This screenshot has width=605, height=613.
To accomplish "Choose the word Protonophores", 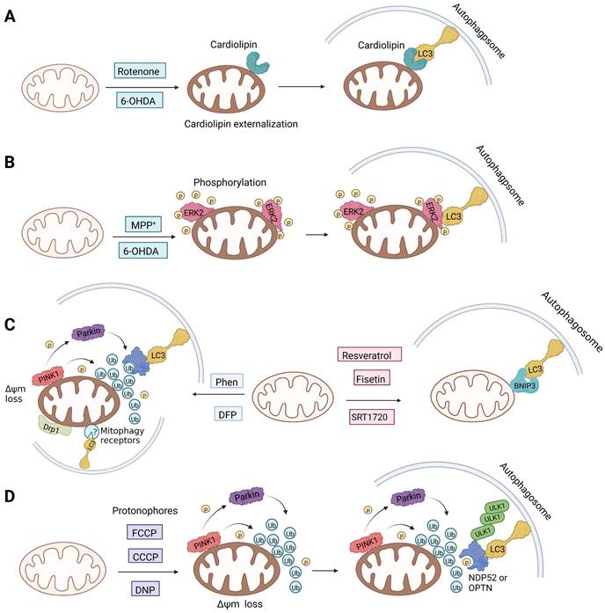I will click(x=139, y=510).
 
